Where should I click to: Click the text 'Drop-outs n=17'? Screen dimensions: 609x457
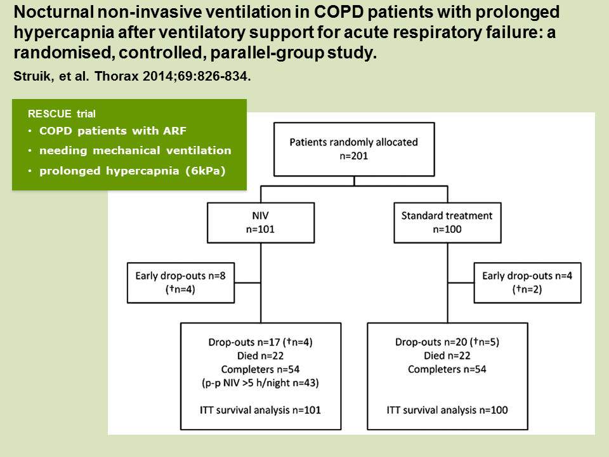244,342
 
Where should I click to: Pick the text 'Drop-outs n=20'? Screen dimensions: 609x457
431,342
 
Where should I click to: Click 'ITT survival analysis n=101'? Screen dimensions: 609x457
261,410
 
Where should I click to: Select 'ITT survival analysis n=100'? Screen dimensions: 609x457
447,410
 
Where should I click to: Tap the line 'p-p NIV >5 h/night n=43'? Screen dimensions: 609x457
261,383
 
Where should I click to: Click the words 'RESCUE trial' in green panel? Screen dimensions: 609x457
62,114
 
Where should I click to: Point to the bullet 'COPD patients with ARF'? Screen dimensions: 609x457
113,131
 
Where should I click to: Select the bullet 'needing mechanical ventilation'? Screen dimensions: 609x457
135,150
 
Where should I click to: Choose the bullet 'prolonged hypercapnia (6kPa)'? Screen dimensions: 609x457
133,171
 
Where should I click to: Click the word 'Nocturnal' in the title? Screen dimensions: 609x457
53,13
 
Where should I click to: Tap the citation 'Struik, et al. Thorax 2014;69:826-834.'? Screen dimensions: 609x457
132,76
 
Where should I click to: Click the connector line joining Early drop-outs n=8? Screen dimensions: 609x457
247,283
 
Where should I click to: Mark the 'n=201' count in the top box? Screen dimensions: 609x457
354,156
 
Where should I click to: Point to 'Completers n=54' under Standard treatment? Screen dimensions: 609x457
447,369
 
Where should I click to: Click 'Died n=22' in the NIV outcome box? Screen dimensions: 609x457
261,355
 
